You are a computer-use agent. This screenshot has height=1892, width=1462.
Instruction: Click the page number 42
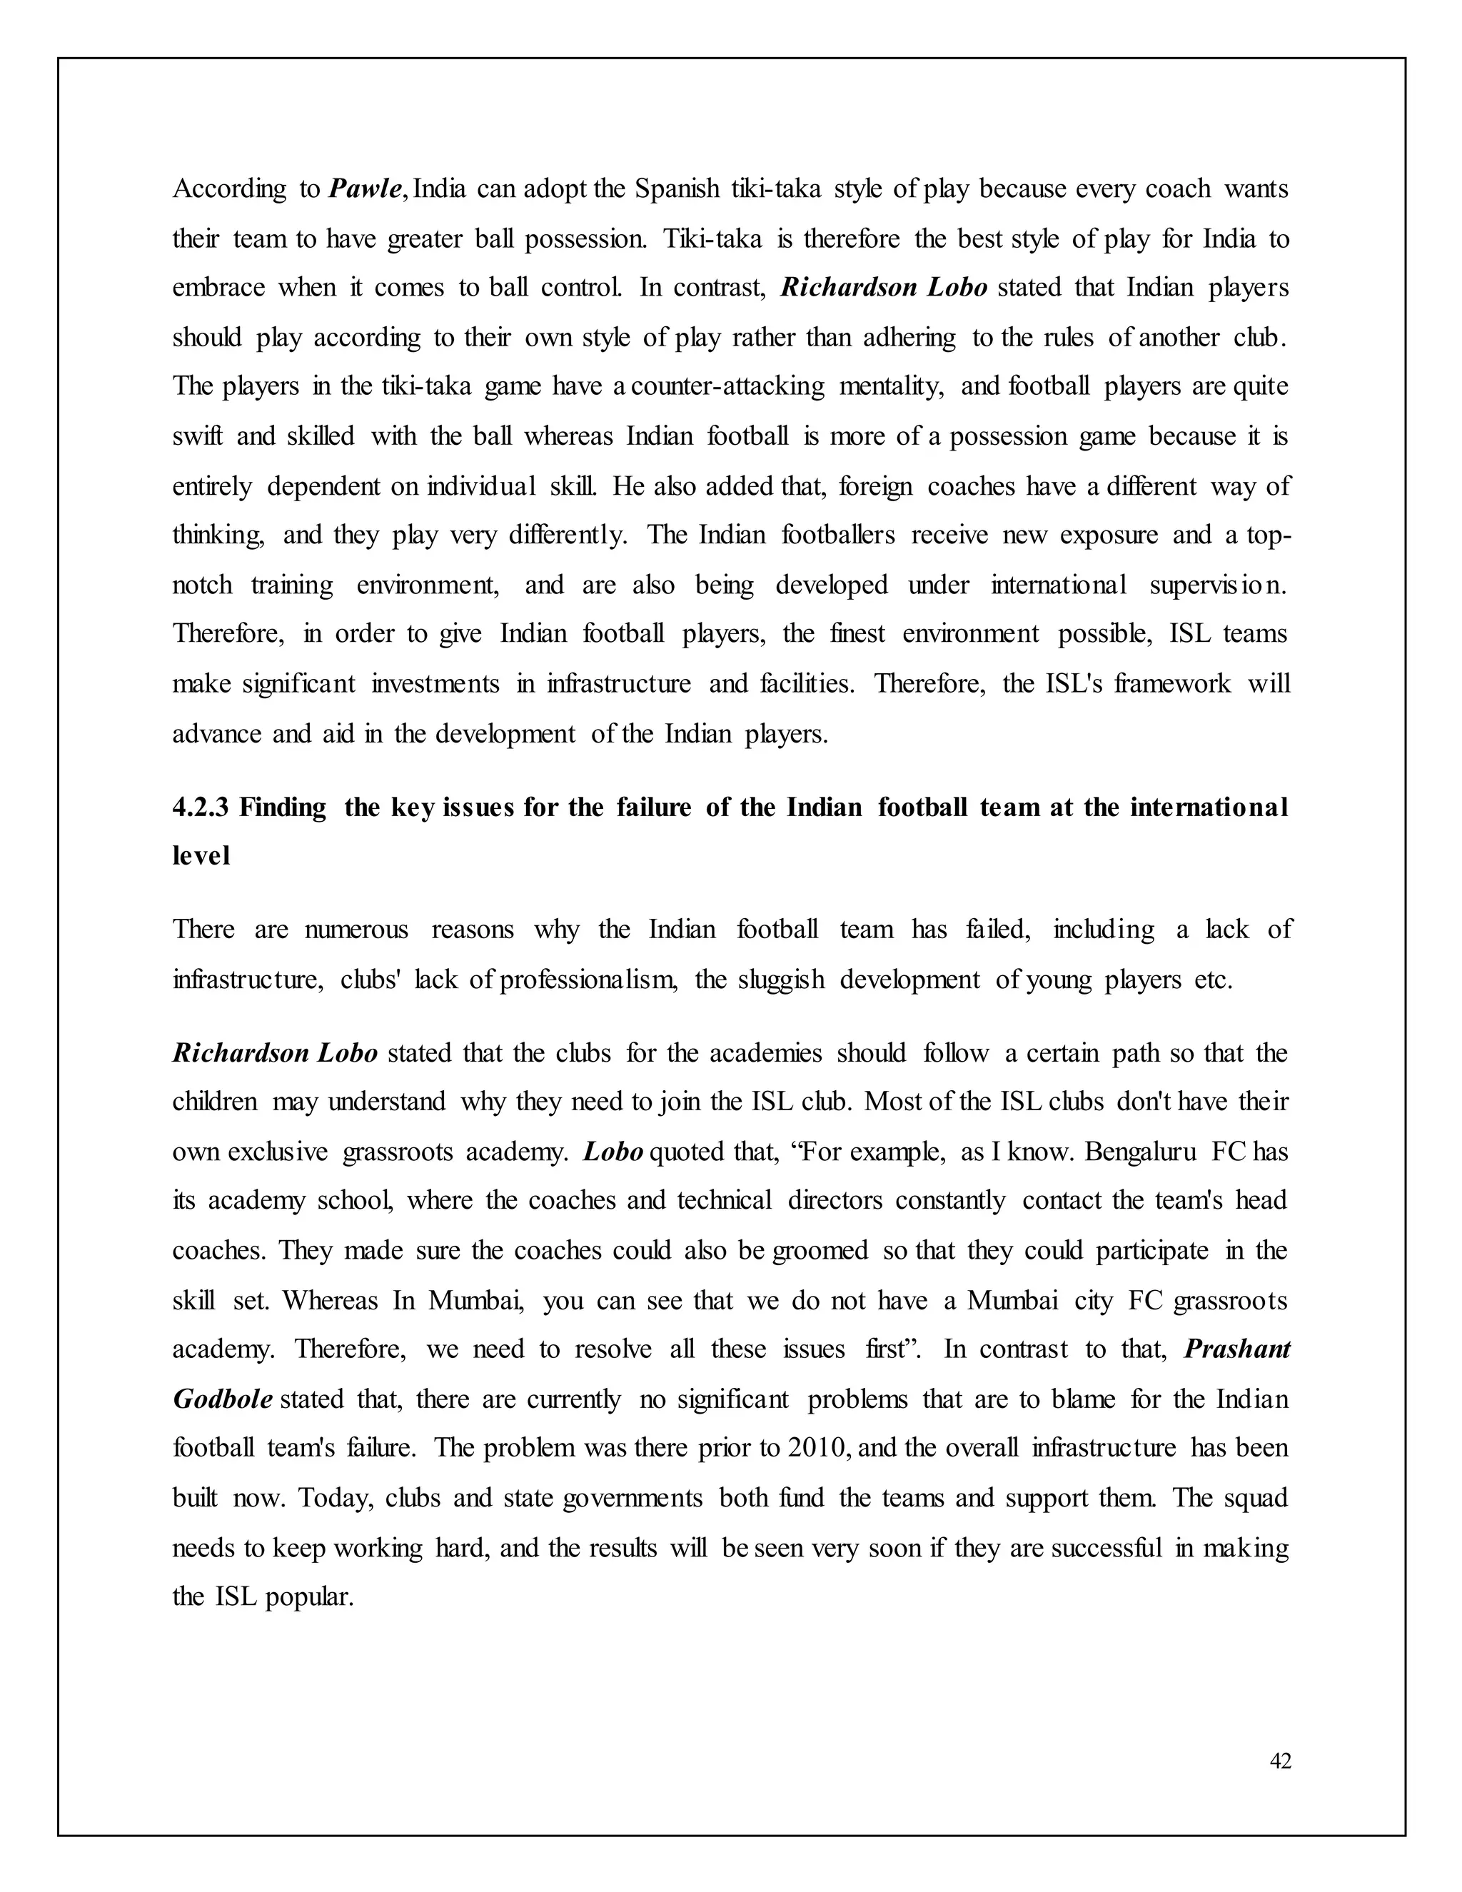tap(1280, 1761)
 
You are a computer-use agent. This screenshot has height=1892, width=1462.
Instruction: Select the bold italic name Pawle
tap(365, 189)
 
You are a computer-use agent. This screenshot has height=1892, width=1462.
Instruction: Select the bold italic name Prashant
tap(1237, 1349)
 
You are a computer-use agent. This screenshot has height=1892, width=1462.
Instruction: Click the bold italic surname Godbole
tap(223, 1398)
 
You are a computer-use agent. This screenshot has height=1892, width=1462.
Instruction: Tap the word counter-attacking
tap(727, 386)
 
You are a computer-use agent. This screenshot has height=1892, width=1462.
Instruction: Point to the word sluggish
tap(781, 980)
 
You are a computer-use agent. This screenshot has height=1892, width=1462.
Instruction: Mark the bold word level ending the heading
tap(201, 856)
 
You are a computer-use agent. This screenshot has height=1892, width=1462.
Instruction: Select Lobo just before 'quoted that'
tap(612, 1152)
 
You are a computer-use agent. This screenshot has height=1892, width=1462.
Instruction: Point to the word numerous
tap(356, 930)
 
